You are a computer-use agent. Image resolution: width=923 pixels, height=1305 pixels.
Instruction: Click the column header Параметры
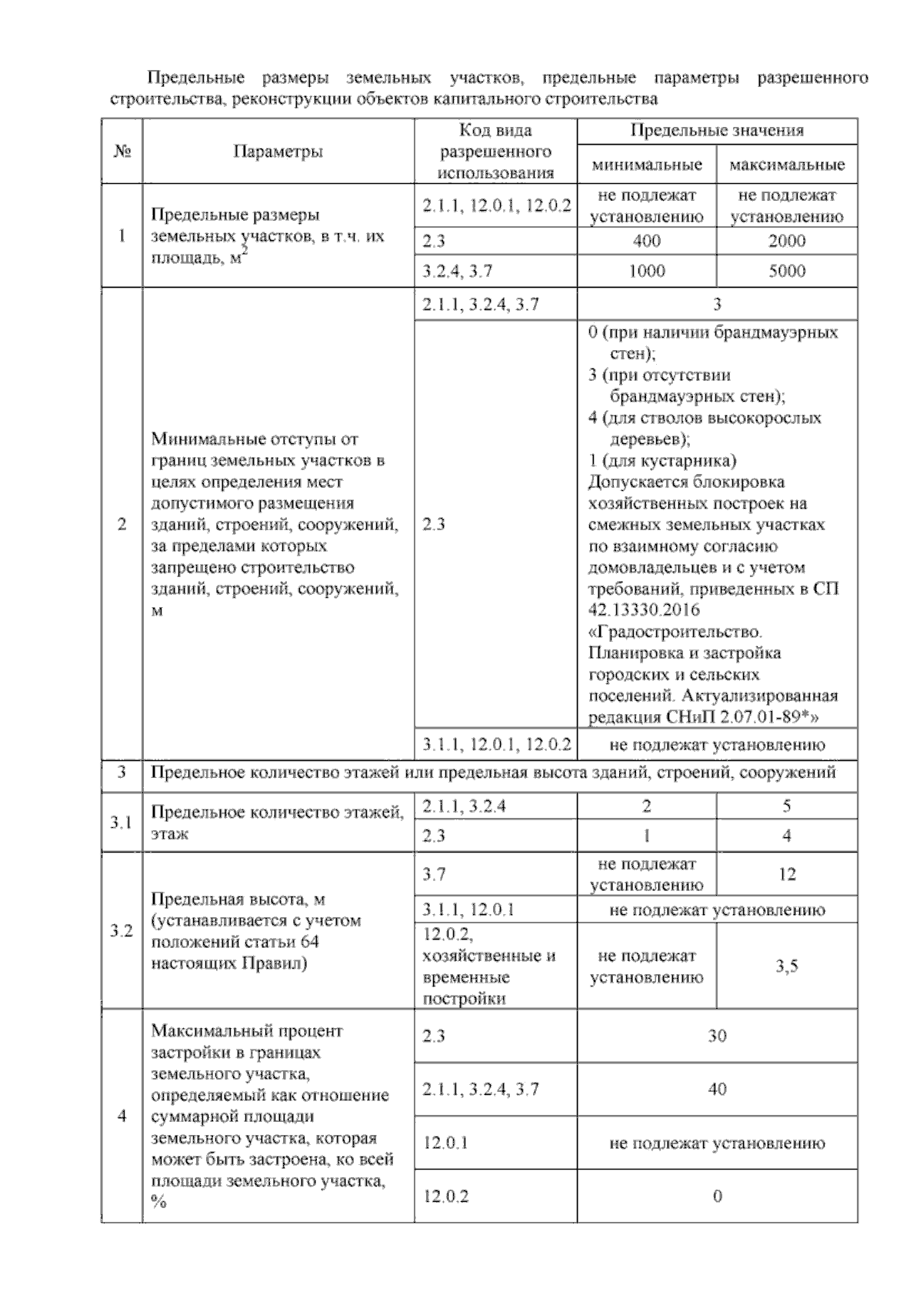(x=278, y=152)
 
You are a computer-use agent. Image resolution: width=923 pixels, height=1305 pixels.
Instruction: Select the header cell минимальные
(x=646, y=165)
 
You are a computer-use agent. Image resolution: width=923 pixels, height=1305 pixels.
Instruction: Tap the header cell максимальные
(x=786, y=165)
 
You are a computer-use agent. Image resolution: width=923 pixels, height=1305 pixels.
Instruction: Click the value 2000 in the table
(x=786, y=241)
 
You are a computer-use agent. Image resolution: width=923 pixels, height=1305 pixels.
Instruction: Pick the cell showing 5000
(x=786, y=271)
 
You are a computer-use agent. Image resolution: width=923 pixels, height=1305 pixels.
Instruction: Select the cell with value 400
(x=646, y=241)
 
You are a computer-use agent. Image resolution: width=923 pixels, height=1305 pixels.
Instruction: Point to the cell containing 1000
(x=646, y=271)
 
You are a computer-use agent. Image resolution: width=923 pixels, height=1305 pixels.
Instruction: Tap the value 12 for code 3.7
(x=786, y=874)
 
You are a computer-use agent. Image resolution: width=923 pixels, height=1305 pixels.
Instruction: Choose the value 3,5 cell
(x=786, y=966)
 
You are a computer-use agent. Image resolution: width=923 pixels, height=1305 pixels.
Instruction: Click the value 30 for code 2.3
(x=716, y=1036)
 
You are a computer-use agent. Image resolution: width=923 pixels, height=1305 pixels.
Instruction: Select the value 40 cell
(x=716, y=1089)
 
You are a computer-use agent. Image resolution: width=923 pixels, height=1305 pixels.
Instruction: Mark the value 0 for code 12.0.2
(x=716, y=1196)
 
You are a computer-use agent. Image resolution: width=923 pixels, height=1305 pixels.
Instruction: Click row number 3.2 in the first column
(x=121, y=931)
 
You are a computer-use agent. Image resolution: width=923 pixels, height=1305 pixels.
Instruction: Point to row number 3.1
(x=121, y=823)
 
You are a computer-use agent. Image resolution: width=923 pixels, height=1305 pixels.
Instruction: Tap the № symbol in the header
(x=121, y=152)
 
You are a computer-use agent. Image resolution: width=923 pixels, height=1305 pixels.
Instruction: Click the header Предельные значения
(x=716, y=131)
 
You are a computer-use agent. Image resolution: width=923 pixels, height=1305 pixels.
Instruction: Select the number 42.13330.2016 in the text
(x=644, y=610)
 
